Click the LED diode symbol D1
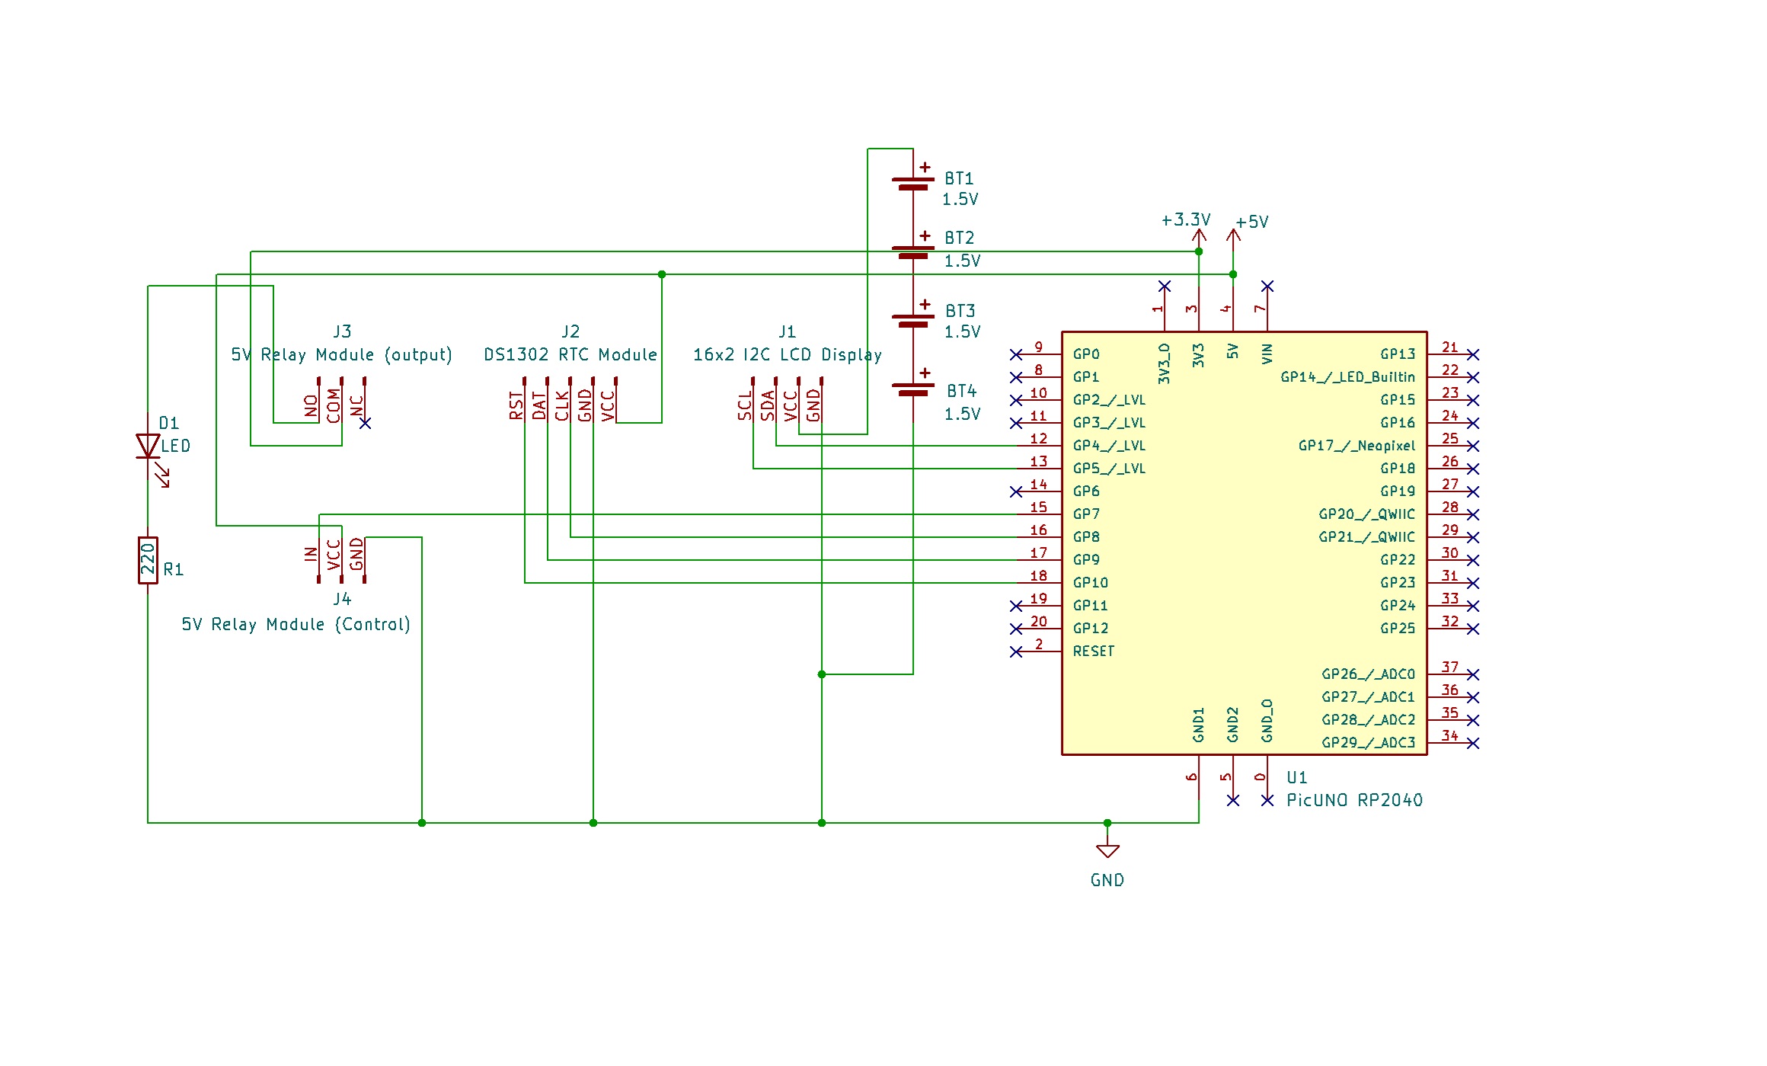[x=148, y=447]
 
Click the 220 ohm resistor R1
[x=148, y=560]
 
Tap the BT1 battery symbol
[x=912, y=184]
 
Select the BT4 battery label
[x=961, y=392]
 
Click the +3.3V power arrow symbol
[x=1199, y=236]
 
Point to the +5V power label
[x=1252, y=222]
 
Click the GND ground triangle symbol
[x=1107, y=851]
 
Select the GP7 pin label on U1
[x=1086, y=514]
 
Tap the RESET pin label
[x=1093, y=651]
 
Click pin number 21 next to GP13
[x=1449, y=347]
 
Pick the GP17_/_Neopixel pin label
[x=1356, y=446]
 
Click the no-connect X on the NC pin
[x=365, y=423]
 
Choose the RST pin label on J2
[x=516, y=405]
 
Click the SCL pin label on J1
[x=745, y=405]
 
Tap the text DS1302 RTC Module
[x=570, y=355]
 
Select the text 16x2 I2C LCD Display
[x=787, y=355]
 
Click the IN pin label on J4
[x=311, y=554]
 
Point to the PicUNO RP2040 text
[x=1354, y=800]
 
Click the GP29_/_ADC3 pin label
[x=1368, y=743]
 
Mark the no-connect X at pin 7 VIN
[x=1267, y=287]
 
